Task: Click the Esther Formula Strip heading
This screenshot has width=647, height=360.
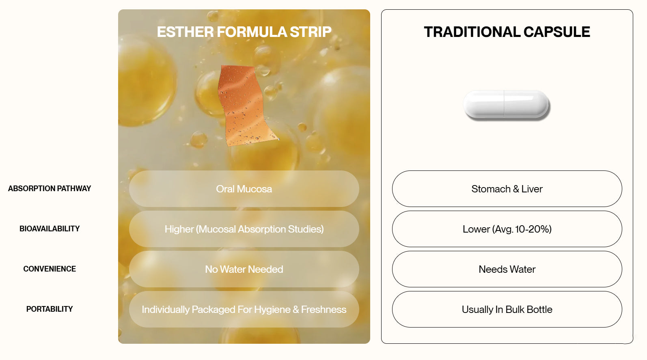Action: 244,32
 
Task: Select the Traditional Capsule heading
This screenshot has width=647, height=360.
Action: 507,32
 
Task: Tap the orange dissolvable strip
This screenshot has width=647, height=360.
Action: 246,106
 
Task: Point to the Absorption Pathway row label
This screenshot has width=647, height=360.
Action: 50,188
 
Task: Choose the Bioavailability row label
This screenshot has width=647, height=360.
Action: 50,229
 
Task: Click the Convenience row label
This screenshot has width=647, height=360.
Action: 50,269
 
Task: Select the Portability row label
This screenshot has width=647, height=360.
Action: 50,309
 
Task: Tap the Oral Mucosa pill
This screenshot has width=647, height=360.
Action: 244,189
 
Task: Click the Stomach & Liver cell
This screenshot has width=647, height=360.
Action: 507,189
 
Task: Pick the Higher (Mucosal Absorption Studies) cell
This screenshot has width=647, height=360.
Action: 244,229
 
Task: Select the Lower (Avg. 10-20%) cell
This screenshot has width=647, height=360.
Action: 507,229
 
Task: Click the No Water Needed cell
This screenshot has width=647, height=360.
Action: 244,269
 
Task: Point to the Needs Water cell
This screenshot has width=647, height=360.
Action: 507,269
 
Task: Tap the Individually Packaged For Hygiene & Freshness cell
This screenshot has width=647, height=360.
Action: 244,309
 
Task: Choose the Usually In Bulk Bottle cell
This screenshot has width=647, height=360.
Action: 507,309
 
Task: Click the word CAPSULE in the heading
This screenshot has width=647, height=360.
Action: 556,32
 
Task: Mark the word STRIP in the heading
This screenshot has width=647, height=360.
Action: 311,32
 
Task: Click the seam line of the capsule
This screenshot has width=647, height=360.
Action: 504,104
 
